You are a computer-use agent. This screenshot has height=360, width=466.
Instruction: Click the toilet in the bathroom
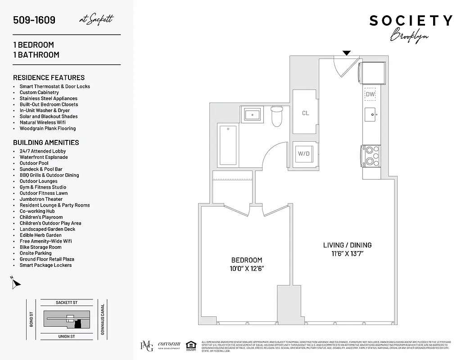click(x=276, y=116)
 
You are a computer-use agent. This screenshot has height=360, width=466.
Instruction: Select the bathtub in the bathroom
click(x=228, y=145)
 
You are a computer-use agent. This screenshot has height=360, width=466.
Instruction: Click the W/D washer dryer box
click(x=304, y=154)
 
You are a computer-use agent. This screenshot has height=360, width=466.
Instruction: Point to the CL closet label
click(x=305, y=113)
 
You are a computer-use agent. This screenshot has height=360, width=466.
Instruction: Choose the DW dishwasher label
click(x=370, y=94)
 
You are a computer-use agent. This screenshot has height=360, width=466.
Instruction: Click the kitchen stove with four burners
click(x=371, y=156)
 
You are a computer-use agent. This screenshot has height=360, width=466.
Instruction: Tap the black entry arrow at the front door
click(x=346, y=53)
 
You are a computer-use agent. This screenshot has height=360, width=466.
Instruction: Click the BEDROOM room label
click(x=246, y=260)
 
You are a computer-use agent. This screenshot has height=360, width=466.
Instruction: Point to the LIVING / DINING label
click(x=347, y=245)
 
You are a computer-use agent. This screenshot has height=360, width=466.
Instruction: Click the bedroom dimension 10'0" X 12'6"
click(x=246, y=269)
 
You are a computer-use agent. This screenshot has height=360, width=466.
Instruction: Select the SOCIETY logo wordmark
click(x=411, y=21)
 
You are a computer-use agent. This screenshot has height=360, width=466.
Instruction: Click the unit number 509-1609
click(x=34, y=20)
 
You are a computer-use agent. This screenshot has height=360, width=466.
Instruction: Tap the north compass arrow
click(x=16, y=283)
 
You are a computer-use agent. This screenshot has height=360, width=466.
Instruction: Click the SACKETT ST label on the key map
click(x=67, y=303)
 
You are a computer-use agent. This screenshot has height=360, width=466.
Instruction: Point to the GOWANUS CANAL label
click(x=103, y=319)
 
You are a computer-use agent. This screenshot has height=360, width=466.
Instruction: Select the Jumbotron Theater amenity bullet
click(x=41, y=199)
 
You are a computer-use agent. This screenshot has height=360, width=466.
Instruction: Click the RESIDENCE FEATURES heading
click(x=49, y=77)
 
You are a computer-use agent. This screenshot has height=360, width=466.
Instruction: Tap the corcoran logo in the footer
click(x=169, y=345)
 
